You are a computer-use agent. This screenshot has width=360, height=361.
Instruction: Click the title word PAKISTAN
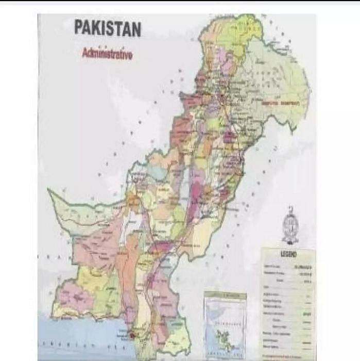coord(107,28)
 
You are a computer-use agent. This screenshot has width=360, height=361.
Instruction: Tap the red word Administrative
coord(107,54)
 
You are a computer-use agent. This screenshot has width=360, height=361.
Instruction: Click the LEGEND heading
coord(288,254)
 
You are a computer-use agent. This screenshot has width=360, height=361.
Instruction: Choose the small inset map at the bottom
coord(225,322)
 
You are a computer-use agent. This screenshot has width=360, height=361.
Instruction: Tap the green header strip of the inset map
coord(225,295)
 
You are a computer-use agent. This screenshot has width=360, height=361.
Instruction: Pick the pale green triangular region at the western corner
coord(72,209)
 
